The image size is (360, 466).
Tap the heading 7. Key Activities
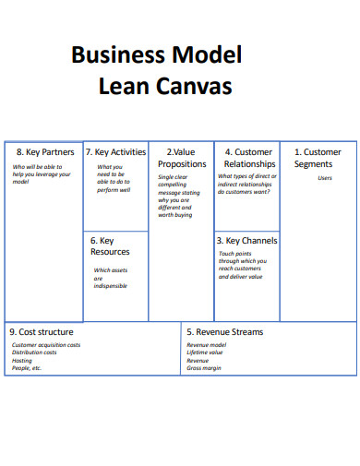tap(115, 152)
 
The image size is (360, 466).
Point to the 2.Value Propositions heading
tap(182, 158)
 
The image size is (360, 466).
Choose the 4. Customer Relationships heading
tap(247, 158)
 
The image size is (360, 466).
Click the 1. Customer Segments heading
tap(318, 158)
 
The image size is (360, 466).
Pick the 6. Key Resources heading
tap(110, 245)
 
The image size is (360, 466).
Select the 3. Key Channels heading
tap(246, 240)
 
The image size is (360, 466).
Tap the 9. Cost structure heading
tap(42, 331)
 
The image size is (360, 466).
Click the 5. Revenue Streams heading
tap(224, 331)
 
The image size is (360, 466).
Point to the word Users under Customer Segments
tap(325, 178)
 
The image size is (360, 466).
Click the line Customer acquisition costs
tap(46, 345)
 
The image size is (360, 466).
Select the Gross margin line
tap(204, 368)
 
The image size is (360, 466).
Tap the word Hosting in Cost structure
tap(22, 360)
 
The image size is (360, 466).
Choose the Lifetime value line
tap(205, 352)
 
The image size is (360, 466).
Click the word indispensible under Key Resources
tap(111, 286)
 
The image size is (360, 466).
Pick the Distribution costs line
tap(35, 352)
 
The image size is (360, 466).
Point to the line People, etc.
tap(27, 368)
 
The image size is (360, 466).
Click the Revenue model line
tap(206, 345)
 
